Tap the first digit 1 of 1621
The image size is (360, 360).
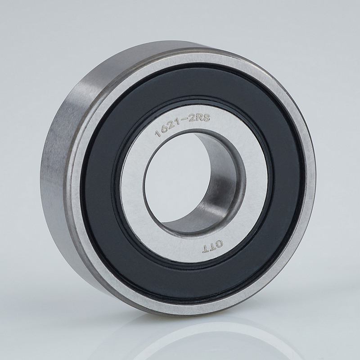click(x=157, y=133)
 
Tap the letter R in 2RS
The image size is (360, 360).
click(x=199, y=117)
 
